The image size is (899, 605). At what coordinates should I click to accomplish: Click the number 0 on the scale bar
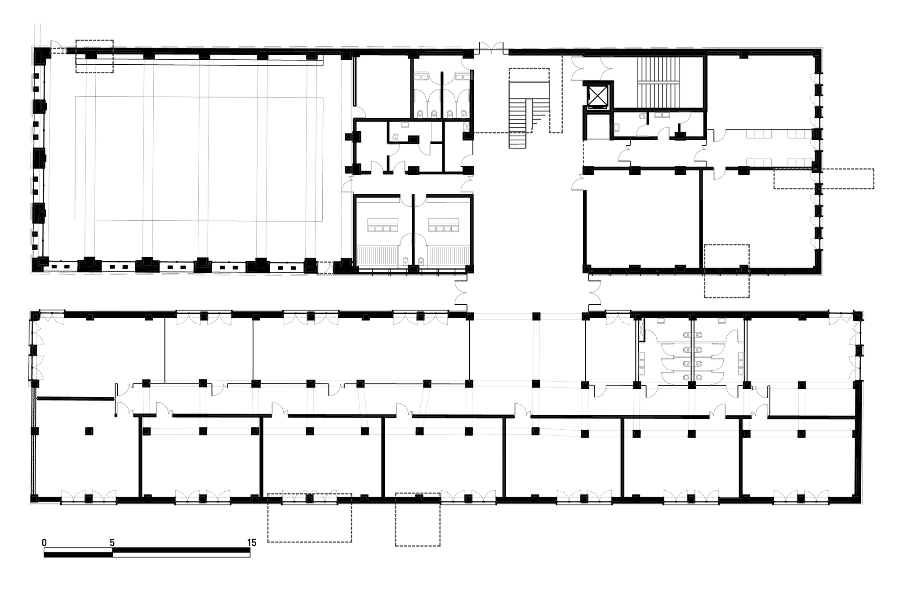(44, 543)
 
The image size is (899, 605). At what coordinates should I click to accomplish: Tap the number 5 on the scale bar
(112, 543)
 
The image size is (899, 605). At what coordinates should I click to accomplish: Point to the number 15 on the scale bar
(252, 543)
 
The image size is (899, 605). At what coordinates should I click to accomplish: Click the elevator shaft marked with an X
(598, 95)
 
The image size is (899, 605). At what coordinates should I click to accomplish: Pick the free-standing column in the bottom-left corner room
(89, 431)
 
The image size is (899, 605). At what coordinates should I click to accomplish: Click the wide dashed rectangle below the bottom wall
(310, 518)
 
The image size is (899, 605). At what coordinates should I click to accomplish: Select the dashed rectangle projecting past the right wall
(823, 179)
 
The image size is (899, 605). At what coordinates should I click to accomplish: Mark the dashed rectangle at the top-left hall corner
(94, 56)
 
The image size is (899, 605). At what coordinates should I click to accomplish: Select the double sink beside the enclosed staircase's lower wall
(661, 115)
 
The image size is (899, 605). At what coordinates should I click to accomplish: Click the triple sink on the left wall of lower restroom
(642, 363)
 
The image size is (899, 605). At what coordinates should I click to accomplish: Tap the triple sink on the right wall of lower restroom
(740, 363)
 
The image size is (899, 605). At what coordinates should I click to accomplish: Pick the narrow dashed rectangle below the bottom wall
(418, 520)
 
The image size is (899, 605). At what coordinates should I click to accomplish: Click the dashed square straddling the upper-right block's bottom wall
(727, 271)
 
